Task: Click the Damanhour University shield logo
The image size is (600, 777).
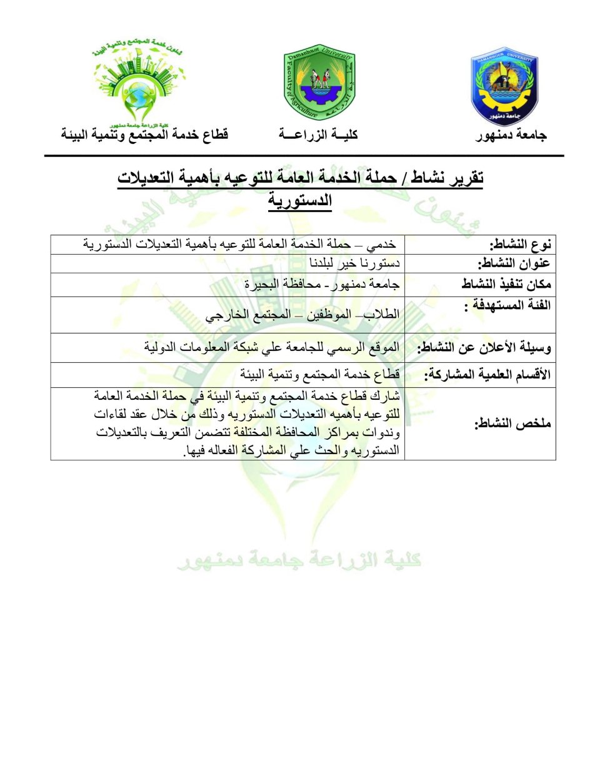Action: (x=504, y=86)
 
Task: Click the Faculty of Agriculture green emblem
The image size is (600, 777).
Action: (x=319, y=84)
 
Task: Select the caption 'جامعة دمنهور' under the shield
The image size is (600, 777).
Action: (x=511, y=135)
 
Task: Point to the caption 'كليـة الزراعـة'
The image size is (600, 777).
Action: (x=318, y=135)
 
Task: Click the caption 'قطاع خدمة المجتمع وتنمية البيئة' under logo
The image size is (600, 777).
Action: (x=144, y=135)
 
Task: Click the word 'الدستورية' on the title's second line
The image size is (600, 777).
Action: (x=300, y=201)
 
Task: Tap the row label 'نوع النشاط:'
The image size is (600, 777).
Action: (x=520, y=245)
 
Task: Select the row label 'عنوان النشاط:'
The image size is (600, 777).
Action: (x=514, y=263)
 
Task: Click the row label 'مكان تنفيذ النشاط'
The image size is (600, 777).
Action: (x=506, y=284)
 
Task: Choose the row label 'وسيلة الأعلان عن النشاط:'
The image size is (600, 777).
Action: (x=484, y=348)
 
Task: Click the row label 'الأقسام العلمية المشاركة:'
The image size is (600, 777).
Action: (x=487, y=375)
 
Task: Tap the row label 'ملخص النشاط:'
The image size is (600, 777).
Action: (x=512, y=424)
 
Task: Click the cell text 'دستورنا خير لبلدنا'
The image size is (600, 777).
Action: (x=354, y=263)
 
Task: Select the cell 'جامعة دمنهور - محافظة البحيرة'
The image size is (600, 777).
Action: (x=321, y=285)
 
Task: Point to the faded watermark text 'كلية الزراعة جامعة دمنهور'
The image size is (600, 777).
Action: (x=299, y=559)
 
